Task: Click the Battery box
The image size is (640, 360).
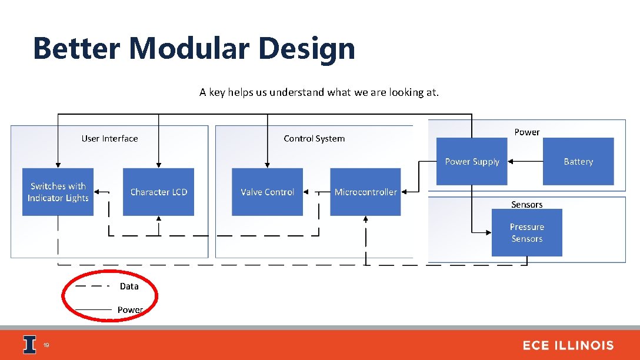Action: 578,161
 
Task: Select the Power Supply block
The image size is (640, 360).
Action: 472,161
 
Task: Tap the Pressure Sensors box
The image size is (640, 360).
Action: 526,232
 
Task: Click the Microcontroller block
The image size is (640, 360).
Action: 365,192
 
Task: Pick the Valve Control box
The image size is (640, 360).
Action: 267,192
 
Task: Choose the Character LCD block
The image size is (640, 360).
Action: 158,192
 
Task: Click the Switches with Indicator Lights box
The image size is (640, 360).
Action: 58,192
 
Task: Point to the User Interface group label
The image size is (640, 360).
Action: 109,139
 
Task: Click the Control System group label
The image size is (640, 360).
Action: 314,139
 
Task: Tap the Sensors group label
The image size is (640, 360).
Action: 526,205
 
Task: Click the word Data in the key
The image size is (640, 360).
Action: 129,286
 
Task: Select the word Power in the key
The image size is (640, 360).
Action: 130,309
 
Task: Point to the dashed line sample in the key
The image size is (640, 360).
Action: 92,286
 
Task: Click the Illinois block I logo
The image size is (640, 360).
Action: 29,345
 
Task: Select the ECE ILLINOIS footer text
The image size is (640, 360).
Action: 568,345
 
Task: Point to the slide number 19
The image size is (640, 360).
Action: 46,345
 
